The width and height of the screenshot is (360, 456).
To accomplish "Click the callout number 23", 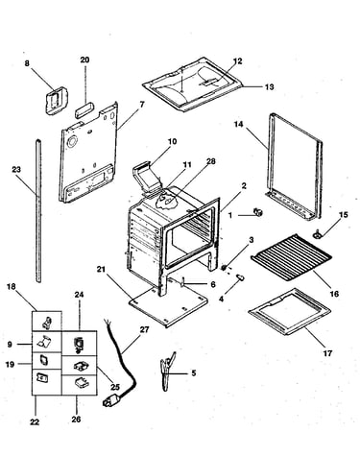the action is coord(16,169).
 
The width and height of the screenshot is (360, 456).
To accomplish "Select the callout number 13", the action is coord(270,86).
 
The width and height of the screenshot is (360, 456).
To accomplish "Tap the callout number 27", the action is coord(144,329).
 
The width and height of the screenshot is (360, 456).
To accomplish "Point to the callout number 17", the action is coord(327,353).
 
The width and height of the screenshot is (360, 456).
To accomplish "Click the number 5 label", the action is coord(194,373).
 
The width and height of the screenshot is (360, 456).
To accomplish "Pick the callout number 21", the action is coord(101,270).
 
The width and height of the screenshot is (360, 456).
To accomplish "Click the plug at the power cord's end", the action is coord(111,400).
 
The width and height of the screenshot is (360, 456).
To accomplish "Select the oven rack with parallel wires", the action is coord(291,258).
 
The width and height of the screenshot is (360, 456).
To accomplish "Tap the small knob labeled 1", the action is coord(258,212).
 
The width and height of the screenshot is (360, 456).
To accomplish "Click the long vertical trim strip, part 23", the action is coord(38,210).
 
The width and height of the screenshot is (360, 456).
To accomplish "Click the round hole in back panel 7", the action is coord(72,141).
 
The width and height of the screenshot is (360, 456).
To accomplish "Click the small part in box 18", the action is coord(47,322).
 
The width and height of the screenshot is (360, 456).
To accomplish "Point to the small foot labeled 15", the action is coord(318,235).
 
